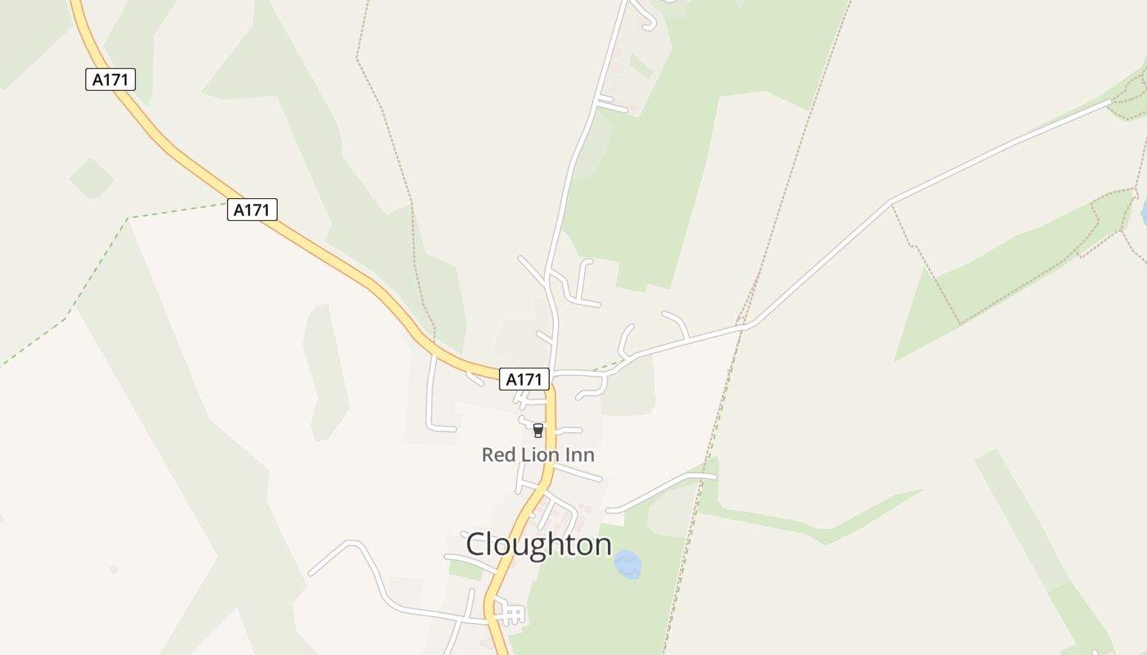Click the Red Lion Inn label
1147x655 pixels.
pyautogui.click(x=537, y=454)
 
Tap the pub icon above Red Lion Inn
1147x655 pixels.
pyautogui.click(x=538, y=431)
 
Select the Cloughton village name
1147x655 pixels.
pyautogui.click(x=538, y=544)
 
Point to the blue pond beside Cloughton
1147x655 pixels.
pyautogui.click(x=628, y=564)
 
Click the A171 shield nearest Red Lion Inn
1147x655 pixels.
pyautogui.click(x=524, y=379)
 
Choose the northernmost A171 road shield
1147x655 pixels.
pyautogui.click(x=110, y=79)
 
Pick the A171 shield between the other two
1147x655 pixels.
pyautogui.click(x=252, y=210)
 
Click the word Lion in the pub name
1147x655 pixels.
pyautogui.click(x=539, y=454)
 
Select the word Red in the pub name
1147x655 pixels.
pyautogui.click(x=497, y=454)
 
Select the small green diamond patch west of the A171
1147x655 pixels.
pyautogui.click(x=91, y=178)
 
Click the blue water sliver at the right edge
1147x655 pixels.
pyautogui.click(x=1144, y=213)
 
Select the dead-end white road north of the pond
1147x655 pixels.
pyautogui.click(x=660, y=490)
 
